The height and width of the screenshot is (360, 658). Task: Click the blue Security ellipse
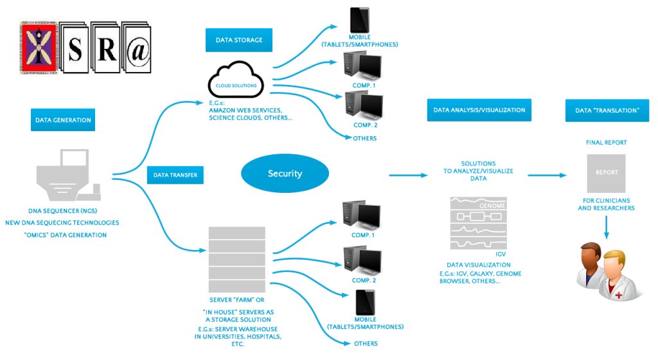pos(285,174)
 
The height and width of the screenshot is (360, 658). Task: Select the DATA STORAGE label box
pos(238,40)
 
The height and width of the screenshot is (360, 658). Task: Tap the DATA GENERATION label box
pos(63,120)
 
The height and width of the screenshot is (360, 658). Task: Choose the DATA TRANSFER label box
pos(175,175)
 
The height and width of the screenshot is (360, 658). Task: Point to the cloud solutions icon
pos(237,81)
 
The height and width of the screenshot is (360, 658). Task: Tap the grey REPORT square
pos(607,173)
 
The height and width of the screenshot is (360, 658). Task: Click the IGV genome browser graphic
pos(479,222)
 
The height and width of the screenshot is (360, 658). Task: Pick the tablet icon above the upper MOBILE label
pos(359,22)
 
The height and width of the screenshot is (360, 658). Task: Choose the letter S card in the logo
pos(75,51)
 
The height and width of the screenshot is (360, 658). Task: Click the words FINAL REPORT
pos(606,142)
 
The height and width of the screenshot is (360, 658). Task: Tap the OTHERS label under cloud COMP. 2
pos(364,138)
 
